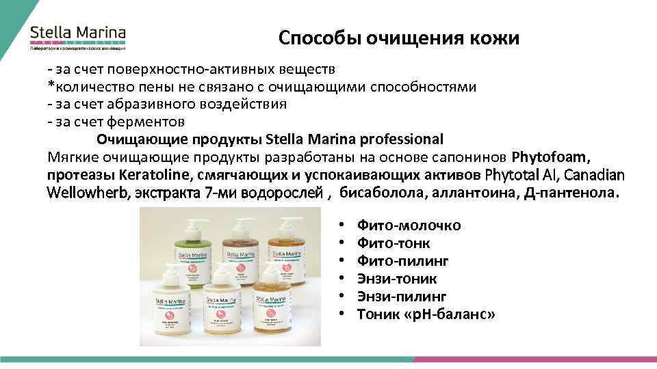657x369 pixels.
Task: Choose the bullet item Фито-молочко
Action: tap(409, 225)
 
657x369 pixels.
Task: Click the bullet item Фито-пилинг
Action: tap(403, 261)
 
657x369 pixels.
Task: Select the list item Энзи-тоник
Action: tap(397, 279)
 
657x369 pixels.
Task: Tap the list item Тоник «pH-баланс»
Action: tap(426, 314)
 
